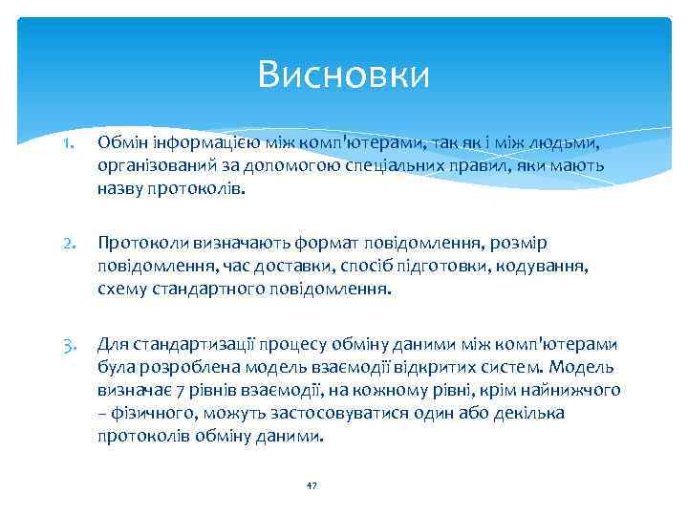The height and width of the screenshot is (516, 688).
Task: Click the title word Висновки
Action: (344, 74)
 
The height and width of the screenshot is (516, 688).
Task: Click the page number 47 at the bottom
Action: (311, 486)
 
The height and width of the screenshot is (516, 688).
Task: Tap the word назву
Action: (119, 188)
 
